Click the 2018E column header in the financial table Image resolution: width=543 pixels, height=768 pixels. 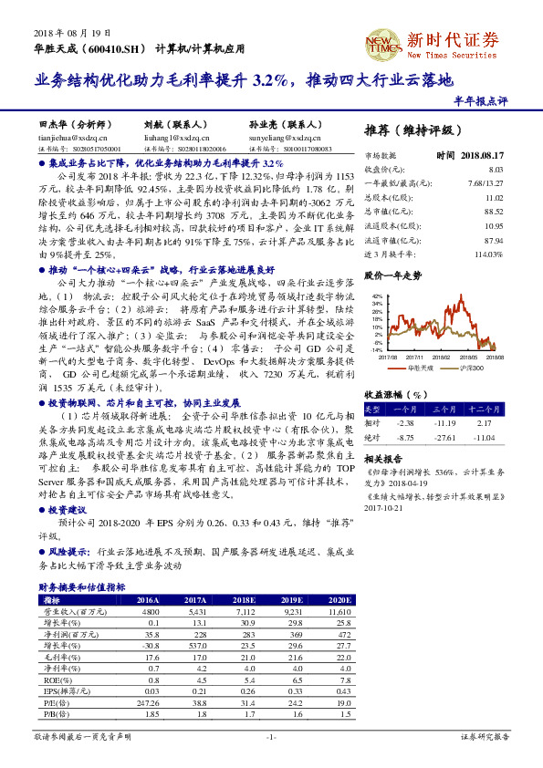[x=243, y=600]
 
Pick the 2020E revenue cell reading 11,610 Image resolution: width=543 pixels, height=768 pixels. [x=339, y=611]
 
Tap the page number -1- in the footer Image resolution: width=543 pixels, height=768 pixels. [x=271, y=735]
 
